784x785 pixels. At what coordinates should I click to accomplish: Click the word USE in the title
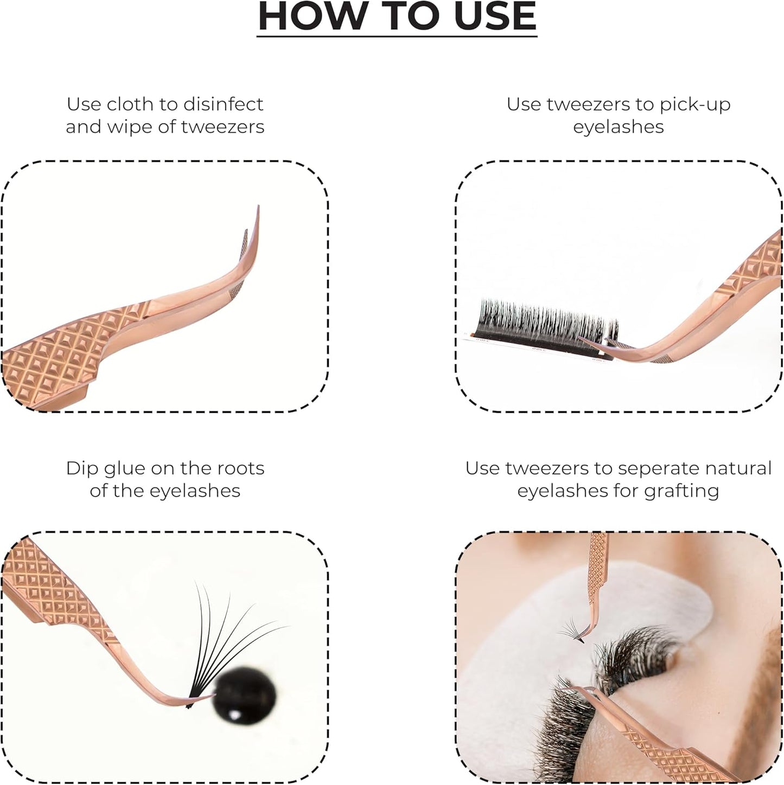coord(490,16)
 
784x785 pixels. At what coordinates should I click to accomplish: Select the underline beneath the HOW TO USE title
coord(397,36)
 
